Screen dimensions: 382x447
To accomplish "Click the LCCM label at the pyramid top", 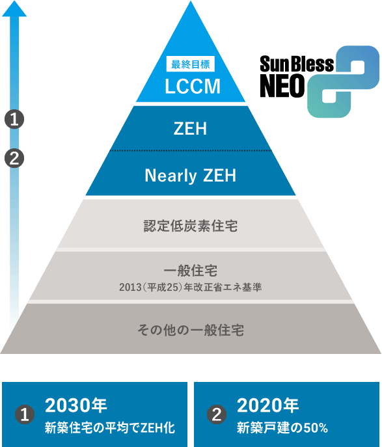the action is [x=193, y=86].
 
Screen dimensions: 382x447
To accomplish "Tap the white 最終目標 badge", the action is [x=191, y=64].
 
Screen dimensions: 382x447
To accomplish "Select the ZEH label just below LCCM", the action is [x=190, y=129].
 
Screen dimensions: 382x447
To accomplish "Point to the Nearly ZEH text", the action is [x=191, y=176].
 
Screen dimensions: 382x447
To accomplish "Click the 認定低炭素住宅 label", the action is [x=191, y=226].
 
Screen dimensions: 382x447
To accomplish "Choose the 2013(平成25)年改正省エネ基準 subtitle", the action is [x=191, y=287].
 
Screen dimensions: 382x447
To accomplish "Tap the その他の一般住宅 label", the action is [x=191, y=330].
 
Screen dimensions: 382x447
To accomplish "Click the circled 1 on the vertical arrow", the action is [x=14, y=119].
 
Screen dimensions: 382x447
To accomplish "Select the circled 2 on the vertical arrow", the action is [x=14, y=158].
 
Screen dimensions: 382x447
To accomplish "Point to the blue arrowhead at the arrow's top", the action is [x=14, y=8].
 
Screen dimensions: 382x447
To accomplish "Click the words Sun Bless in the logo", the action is [x=297, y=64].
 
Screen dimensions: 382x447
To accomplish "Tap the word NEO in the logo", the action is [x=282, y=86].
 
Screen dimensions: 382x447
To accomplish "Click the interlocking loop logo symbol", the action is [x=343, y=81].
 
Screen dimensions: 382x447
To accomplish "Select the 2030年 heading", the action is [x=76, y=405].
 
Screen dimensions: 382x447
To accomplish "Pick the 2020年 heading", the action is [x=267, y=405].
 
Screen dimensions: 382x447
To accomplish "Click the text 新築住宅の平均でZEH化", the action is [x=110, y=428].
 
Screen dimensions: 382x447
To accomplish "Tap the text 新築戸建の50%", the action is [x=282, y=428].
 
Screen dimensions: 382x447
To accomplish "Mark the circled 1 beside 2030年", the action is [x=25, y=414].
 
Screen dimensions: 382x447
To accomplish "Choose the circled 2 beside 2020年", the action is [x=217, y=414].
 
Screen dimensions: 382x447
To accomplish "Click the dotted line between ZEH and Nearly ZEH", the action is [x=191, y=150].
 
